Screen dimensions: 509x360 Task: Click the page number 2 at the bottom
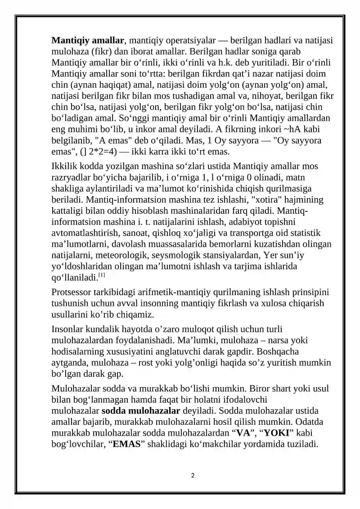[193, 476]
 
